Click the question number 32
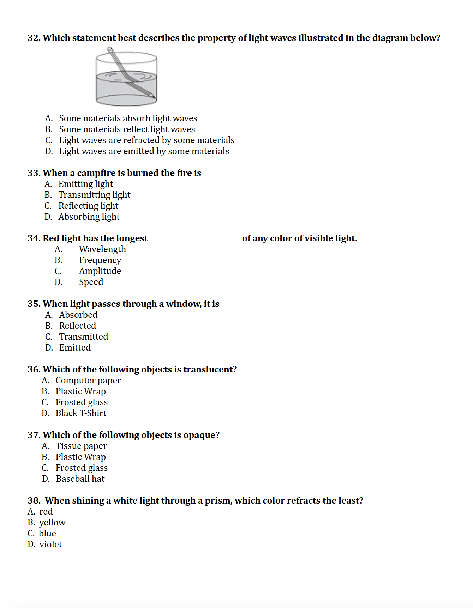(x=34, y=38)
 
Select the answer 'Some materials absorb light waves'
(x=128, y=118)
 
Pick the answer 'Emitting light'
(x=86, y=184)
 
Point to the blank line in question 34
(x=195, y=240)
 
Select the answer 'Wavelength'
(x=102, y=249)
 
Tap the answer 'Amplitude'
(x=100, y=271)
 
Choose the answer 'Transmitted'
(x=84, y=337)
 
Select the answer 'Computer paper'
(x=88, y=381)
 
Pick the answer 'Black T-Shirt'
(x=81, y=413)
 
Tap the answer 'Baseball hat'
(x=80, y=479)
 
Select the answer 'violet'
(x=51, y=545)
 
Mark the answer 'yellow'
(x=52, y=523)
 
